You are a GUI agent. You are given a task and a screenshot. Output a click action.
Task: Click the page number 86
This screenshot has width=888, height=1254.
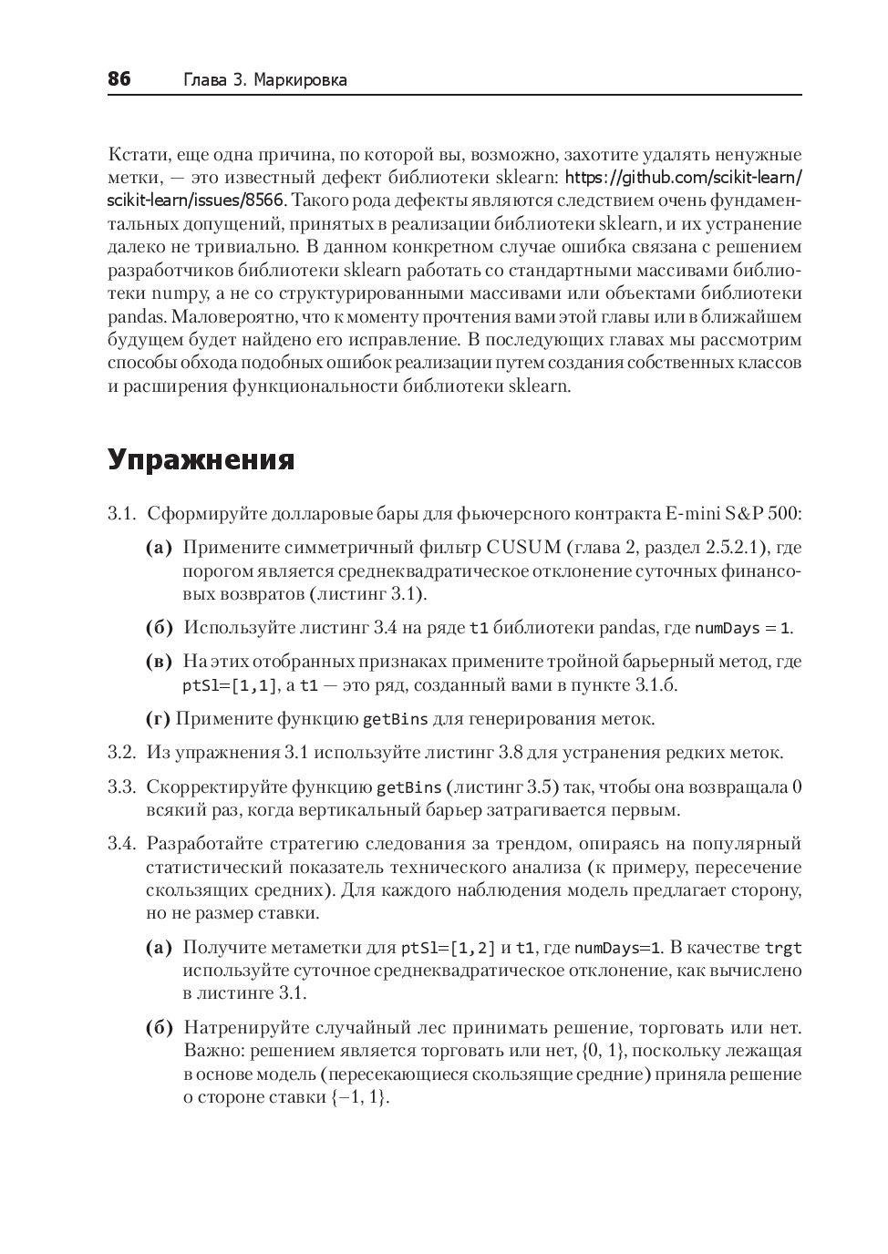[119, 79]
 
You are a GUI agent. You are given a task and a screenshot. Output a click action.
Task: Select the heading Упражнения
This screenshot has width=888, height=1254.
[201, 460]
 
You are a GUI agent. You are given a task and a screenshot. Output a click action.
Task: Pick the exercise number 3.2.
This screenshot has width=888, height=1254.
[121, 753]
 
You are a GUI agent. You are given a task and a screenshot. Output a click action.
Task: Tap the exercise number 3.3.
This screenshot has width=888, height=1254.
[121, 787]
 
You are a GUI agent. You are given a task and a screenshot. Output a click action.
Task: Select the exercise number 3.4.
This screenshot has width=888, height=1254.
[121, 844]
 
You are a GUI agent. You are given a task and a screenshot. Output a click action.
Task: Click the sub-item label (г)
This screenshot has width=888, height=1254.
[158, 719]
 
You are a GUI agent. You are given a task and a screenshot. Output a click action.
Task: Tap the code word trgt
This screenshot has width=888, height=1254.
[782, 948]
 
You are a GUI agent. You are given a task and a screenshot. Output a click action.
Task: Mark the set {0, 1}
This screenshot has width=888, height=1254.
[605, 1051]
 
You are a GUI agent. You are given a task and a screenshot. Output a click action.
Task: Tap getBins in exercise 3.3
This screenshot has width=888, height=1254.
[409, 787]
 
